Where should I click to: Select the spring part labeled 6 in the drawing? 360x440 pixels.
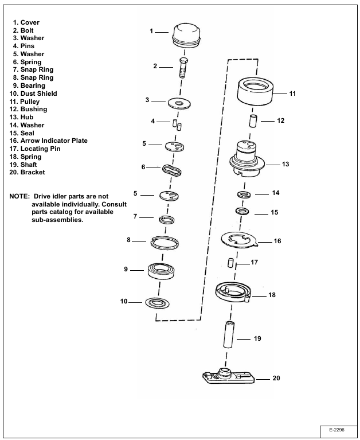pos(173,170)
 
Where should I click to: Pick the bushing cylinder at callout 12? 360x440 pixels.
pos(253,122)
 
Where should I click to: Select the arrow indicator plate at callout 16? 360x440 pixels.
pos(241,239)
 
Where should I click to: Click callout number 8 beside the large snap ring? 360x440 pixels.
pos(129,240)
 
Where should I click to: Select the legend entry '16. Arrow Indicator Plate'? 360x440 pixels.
pos(49,141)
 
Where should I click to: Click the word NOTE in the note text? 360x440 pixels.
pos(20,196)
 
